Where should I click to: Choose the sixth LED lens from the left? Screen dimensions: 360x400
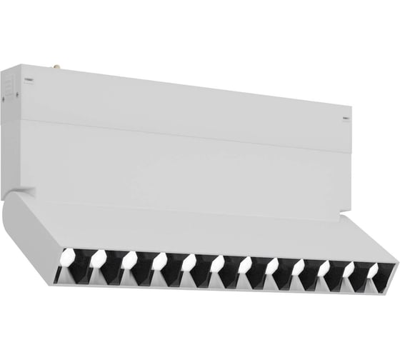point(216,264)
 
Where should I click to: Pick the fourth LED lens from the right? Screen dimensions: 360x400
point(299,268)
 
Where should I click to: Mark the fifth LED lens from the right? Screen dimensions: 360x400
point(271,267)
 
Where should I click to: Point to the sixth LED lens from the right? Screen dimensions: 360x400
point(244,266)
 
